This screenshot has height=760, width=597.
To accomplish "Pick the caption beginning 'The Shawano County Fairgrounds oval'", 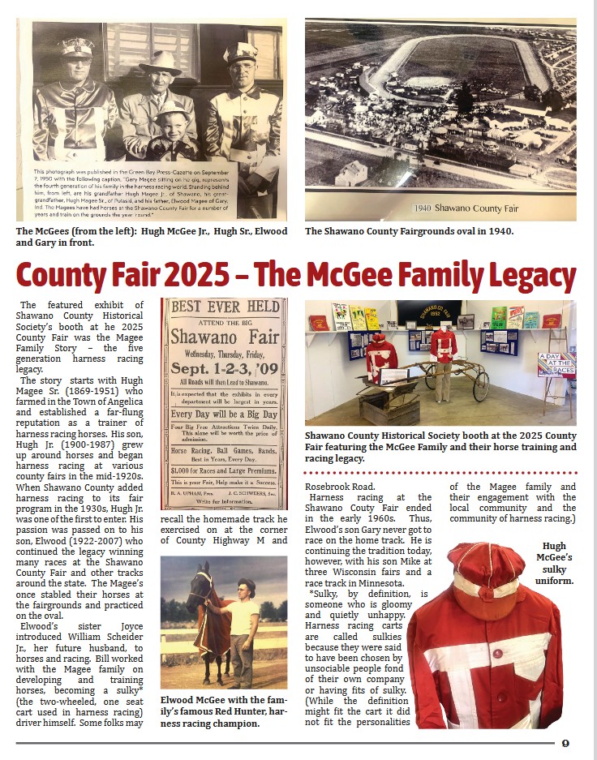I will click(410, 231).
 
